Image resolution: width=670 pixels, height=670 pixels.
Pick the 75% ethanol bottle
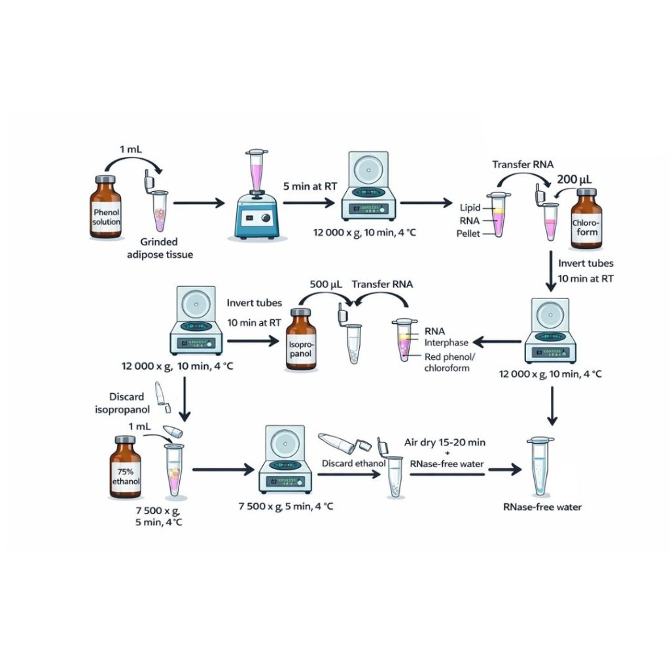124,470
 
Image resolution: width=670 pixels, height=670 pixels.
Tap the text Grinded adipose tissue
160,248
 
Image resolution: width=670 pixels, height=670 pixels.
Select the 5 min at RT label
311,187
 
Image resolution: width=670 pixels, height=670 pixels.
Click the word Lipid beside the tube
470,207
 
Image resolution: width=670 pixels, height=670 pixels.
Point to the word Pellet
468,234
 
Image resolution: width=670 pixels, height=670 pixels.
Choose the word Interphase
446,342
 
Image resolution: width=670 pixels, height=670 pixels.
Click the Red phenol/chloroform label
451,361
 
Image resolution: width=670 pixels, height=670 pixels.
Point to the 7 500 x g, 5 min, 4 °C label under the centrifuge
290,506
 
